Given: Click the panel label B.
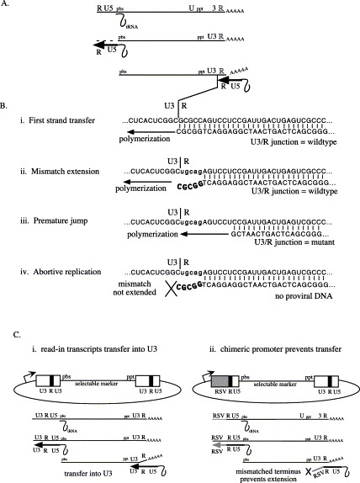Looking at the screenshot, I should pyautogui.click(x=7, y=109).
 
